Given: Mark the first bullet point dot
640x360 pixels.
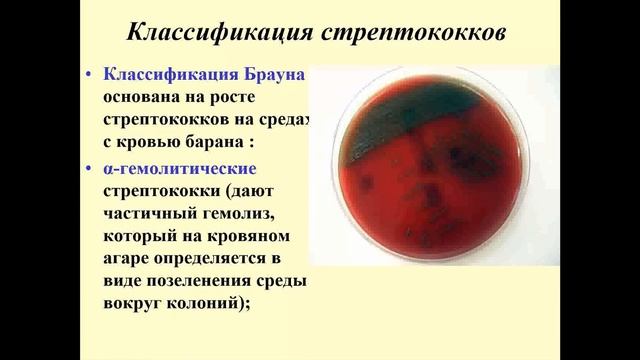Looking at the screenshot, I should click(x=90, y=77).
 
